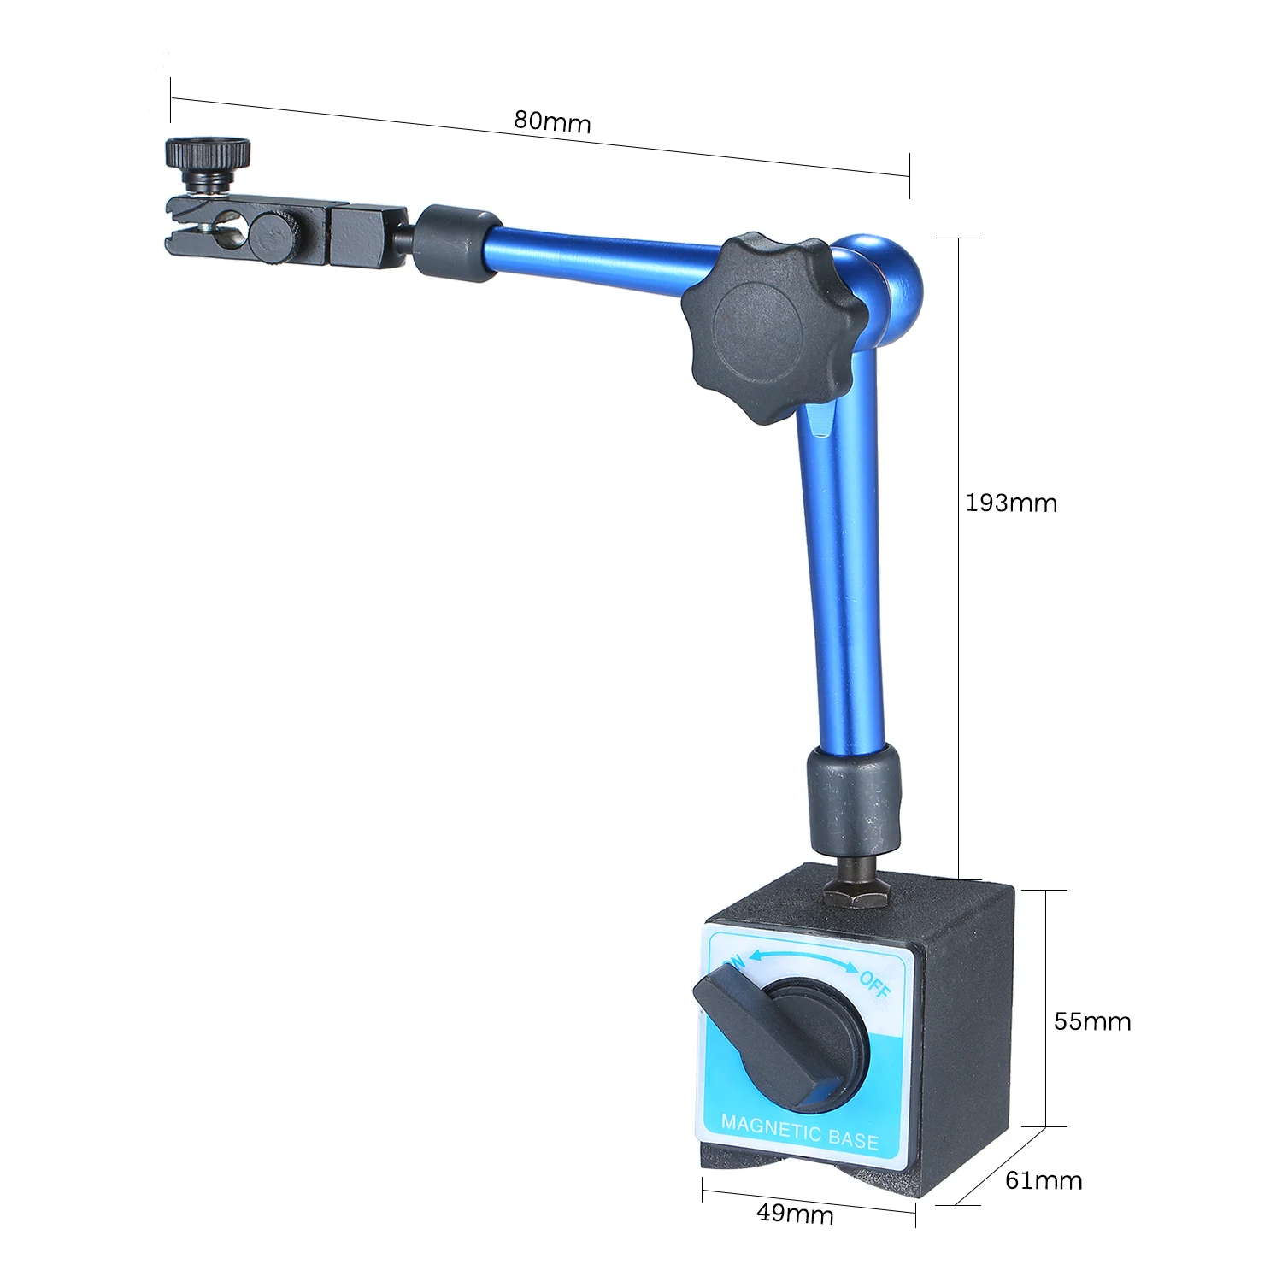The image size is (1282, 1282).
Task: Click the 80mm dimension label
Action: click(x=552, y=122)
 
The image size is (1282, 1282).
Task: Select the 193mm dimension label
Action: click(x=1011, y=503)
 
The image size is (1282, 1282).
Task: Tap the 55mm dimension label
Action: click(x=1092, y=1021)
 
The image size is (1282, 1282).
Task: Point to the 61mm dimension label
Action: click(x=1044, y=1180)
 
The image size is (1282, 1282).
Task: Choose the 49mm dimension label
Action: click(x=795, y=1213)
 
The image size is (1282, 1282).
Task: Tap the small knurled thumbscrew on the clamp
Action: click(x=196, y=163)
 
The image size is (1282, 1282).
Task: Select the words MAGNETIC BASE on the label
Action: click(x=800, y=1131)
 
